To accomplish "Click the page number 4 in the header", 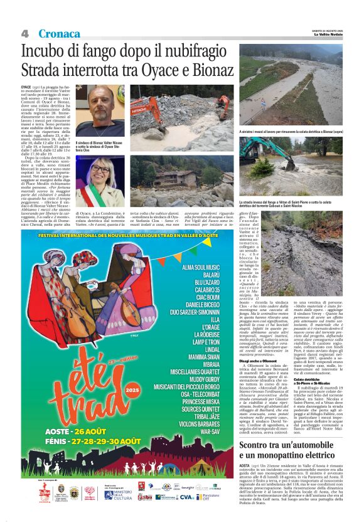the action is pos(25,33).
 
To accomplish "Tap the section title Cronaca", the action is pos(59,33).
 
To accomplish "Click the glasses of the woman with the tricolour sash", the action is pos(99,170).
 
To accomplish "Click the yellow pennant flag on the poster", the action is pos(207,242).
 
